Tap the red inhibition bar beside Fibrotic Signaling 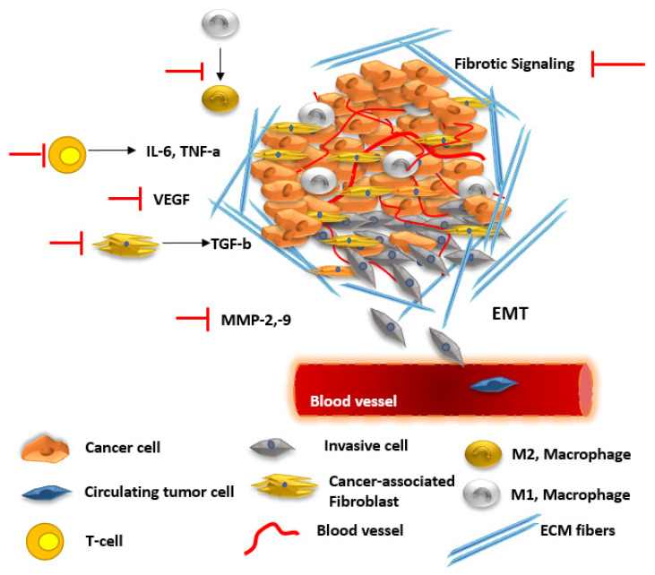pyautogui.click(x=618, y=64)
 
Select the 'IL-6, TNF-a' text pyautogui.click(x=184, y=152)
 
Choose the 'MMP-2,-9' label pyautogui.click(x=254, y=317)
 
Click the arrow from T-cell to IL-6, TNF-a pyautogui.click(x=116, y=152)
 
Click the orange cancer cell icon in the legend pyautogui.click(x=45, y=450)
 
